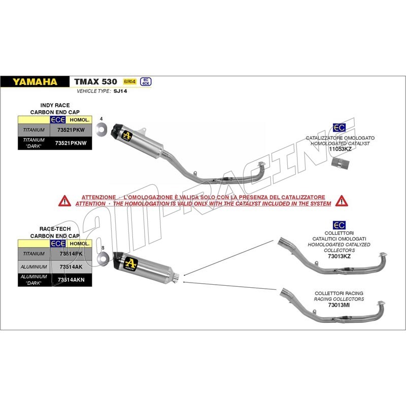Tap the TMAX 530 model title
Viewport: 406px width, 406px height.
[95, 81]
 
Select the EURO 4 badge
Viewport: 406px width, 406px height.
[129, 81]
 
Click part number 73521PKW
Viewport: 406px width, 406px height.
[72, 130]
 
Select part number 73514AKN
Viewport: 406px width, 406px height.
[71, 279]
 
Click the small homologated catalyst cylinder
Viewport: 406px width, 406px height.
[337, 164]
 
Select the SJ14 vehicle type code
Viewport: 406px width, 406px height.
[119, 92]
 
